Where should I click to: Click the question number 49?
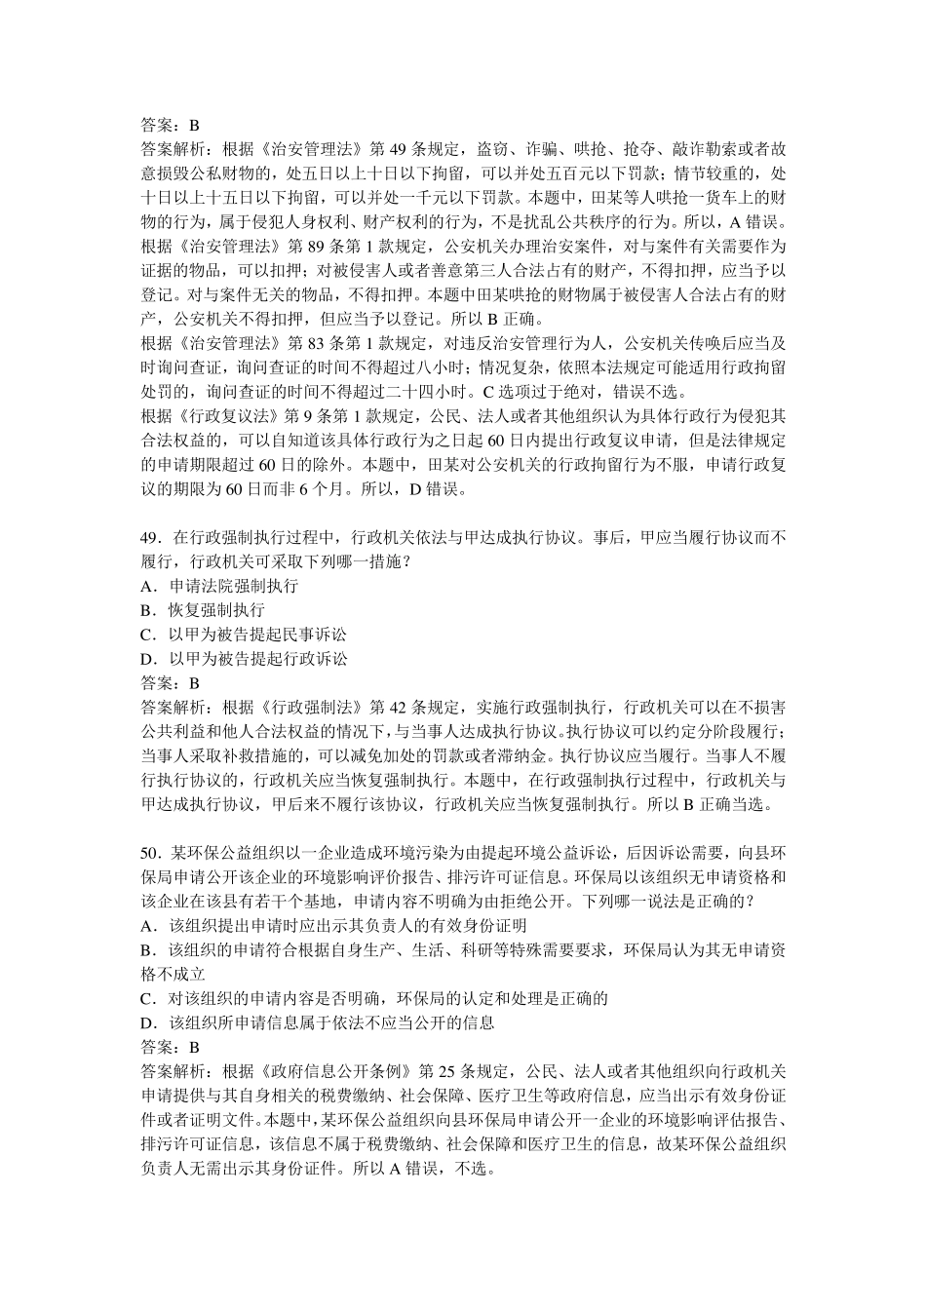(150, 538)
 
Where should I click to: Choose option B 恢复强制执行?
(203, 610)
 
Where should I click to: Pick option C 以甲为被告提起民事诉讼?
(244, 635)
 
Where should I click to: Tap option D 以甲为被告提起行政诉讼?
(244, 659)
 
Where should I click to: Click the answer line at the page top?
(170, 126)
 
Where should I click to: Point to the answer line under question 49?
(170, 683)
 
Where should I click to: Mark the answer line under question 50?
(170, 1047)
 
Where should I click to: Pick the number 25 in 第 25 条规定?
(446, 1071)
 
